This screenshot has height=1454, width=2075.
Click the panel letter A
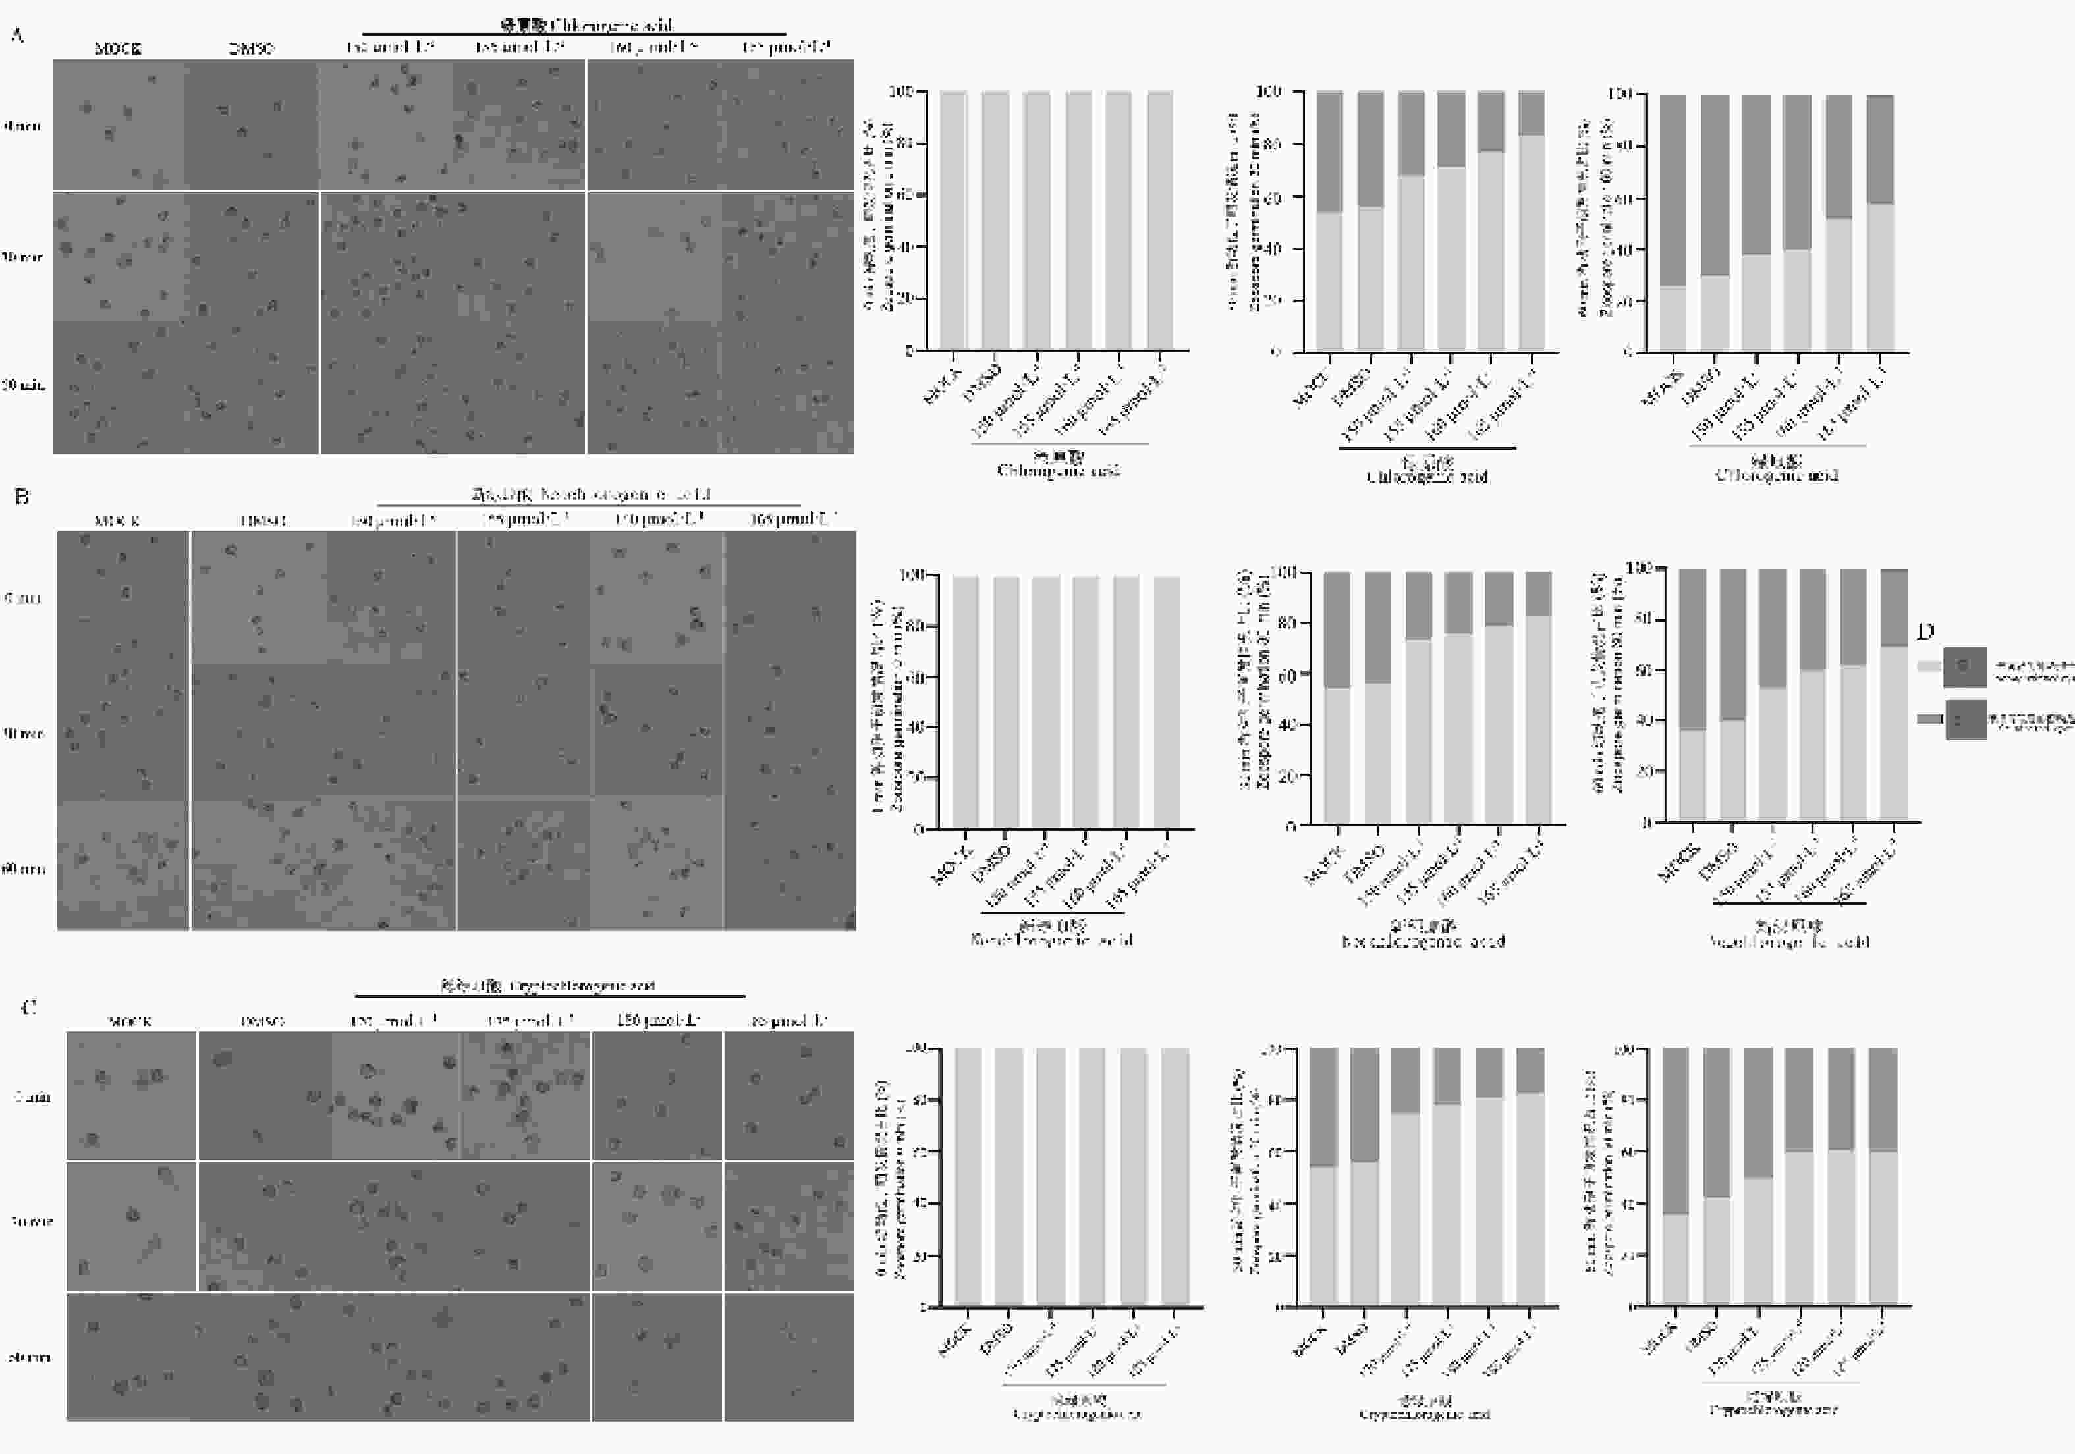coord(17,36)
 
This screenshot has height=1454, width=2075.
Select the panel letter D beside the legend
coord(1925,632)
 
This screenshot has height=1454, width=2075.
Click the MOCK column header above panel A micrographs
coord(117,48)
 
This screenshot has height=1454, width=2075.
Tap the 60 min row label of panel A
coord(22,386)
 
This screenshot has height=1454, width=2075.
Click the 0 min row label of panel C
coord(32,1097)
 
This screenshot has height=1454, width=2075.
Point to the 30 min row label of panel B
coord(22,734)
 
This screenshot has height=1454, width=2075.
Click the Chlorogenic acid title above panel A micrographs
coord(588,24)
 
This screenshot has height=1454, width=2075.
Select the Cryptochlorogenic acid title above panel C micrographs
coord(547,985)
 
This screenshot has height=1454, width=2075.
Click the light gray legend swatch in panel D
coord(1929,666)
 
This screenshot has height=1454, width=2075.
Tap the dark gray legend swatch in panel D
coord(1929,719)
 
